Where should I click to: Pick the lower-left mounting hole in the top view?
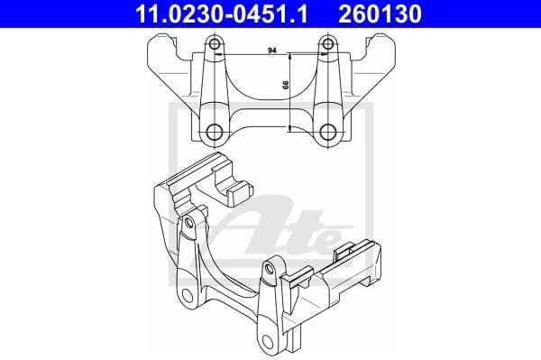click(215, 134)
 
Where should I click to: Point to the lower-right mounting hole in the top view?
click(327, 134)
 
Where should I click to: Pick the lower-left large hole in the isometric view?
click(188, 299)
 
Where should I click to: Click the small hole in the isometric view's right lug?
click(270, 268)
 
